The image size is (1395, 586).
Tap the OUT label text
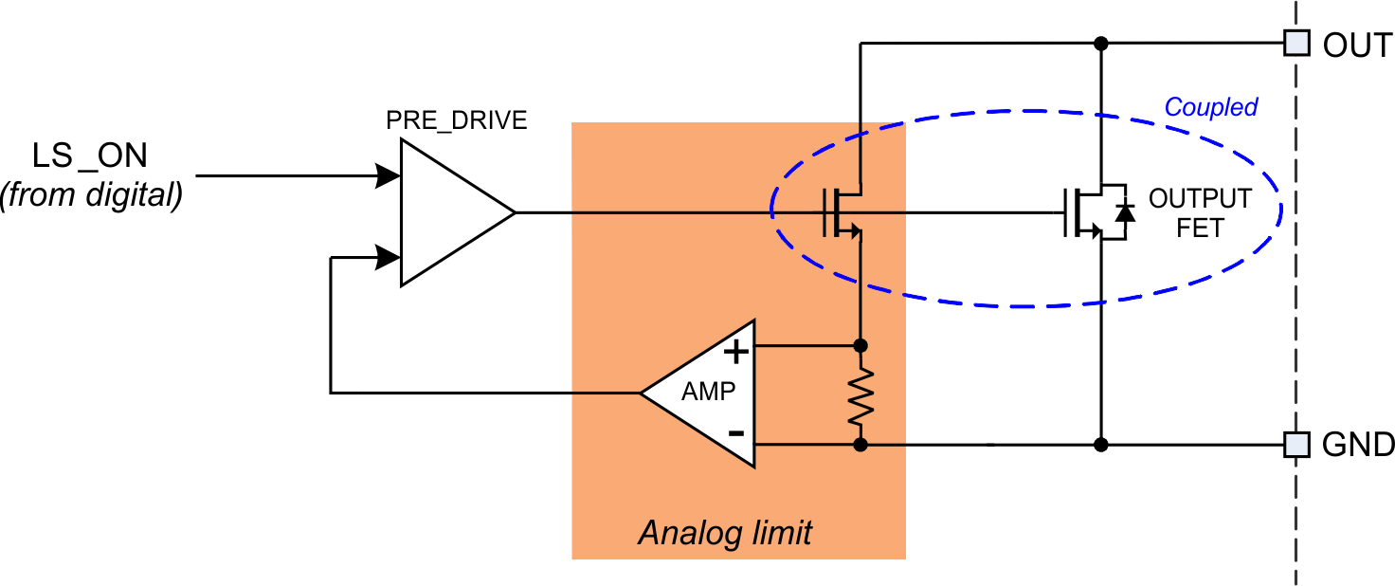(1357, 45)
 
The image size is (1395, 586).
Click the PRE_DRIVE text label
(456, 121)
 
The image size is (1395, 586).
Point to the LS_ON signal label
(90, 156)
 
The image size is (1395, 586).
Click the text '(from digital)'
(92, 196)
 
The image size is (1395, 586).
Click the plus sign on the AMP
(735, 352)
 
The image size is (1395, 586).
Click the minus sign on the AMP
(735, 433)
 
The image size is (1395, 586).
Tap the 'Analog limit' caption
(725, 533)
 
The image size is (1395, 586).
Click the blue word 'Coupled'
(1210, 107)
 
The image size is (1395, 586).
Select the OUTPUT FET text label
(1200, 213)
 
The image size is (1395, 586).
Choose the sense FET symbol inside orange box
(843, 212)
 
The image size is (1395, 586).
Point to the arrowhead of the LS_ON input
(388, 175)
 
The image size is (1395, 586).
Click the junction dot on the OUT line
(1100, 43)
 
